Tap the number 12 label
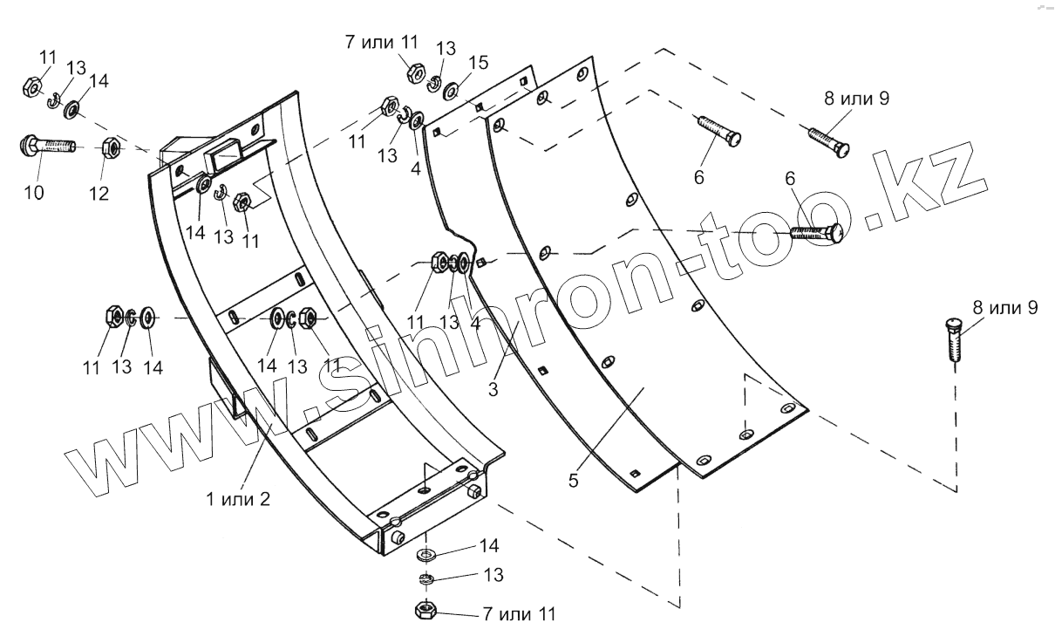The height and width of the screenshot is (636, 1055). pos(99,193)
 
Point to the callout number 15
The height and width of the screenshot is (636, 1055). pos(477,63)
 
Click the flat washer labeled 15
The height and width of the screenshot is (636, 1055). pos(452,90)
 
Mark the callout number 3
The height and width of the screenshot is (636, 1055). pos(493,389)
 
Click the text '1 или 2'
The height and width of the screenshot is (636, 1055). pos(238,500)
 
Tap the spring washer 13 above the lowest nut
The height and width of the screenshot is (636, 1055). pos(426,579)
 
